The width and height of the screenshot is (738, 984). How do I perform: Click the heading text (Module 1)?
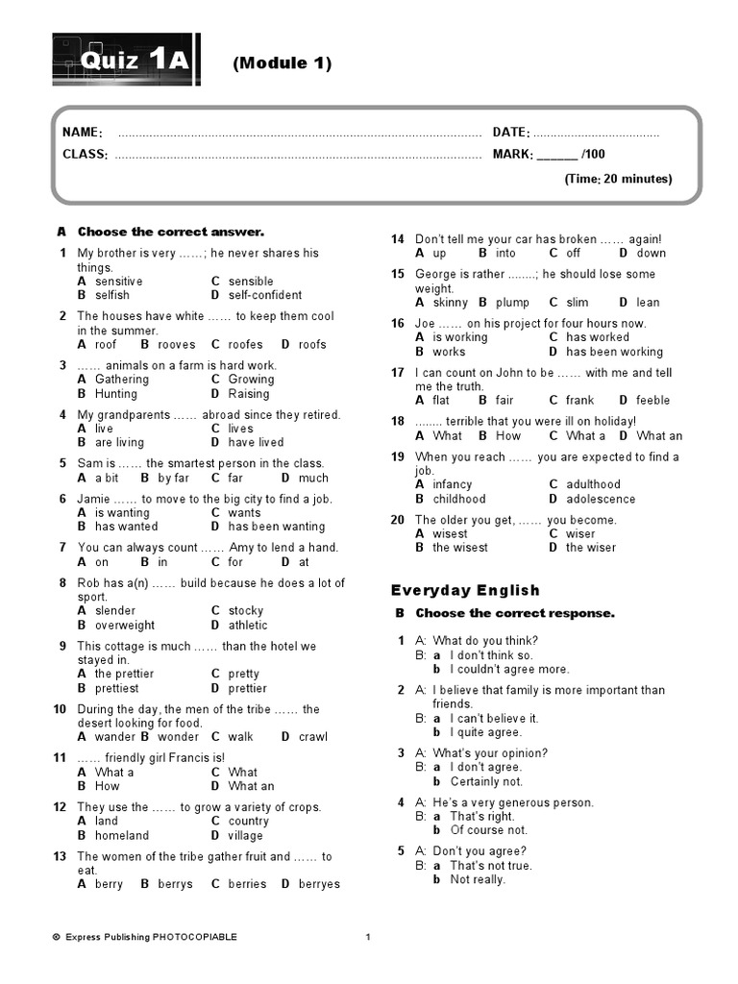click(282, 63)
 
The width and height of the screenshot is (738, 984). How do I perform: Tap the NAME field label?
click(83, 133)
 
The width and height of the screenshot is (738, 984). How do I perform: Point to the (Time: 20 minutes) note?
click(618, 179)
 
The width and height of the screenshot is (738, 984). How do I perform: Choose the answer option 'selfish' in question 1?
click(111, 295)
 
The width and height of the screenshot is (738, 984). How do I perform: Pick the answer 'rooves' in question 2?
click(176, 344)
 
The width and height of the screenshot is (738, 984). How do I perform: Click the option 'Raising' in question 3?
click(249, 393)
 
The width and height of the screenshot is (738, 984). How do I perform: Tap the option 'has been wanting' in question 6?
click(277, 527)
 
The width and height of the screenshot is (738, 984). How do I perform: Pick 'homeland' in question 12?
click(122, 835)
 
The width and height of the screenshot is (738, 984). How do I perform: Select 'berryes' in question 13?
click(319, 884)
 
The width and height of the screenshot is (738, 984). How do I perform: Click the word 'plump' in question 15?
click(512, 302)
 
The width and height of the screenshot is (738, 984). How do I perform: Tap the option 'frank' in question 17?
click(579, 400)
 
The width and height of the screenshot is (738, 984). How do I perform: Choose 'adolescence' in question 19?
click(601, 499)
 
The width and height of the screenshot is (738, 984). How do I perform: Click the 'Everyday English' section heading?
click(465, 590)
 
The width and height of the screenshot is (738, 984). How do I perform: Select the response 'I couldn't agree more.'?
click(509, 669)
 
